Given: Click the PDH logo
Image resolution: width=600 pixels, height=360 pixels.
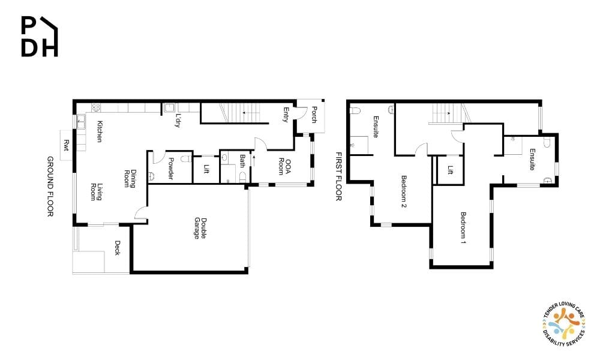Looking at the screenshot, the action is coord(40,37).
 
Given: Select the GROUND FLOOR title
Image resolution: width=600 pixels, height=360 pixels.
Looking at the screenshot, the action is coord(50,187).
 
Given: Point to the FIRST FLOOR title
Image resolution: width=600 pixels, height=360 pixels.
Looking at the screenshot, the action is coord(338,176).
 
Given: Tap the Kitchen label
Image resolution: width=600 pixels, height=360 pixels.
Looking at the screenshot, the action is coord(100,131).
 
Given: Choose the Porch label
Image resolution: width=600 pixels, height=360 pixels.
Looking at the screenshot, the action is coord(314,115).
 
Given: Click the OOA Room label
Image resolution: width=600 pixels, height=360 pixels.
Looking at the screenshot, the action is coord(284,166).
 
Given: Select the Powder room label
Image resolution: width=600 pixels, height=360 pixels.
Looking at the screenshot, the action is coord(171,169).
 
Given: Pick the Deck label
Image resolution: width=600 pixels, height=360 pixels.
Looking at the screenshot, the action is coord(118,248).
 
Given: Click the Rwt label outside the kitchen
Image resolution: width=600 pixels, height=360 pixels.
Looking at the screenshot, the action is coord(66,145).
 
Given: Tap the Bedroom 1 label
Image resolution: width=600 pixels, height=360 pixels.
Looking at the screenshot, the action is coord(463,227).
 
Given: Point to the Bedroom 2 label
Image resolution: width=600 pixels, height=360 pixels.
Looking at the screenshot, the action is coord(404,191).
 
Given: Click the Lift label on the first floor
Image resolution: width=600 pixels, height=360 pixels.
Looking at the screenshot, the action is coord(451,170).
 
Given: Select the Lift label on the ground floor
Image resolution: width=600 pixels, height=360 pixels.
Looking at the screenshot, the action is coord(206,169).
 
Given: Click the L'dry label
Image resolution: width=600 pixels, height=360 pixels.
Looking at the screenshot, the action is coord(178,120).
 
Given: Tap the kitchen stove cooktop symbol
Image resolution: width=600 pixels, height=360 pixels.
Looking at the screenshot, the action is coord(95,107).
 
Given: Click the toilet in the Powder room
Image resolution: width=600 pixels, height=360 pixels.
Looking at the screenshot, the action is coord(185,159).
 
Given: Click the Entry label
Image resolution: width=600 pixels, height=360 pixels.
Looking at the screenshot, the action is coord(286,115).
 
